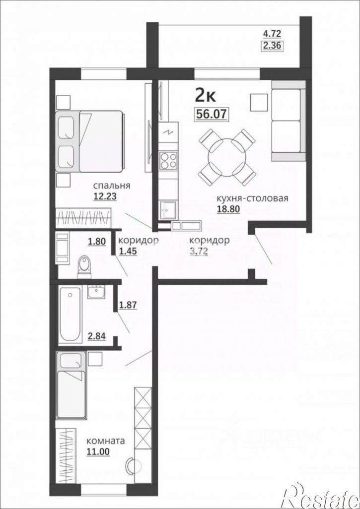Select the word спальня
(112, 186)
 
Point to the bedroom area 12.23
(104, 195)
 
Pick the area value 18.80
(228, 209)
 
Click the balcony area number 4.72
(272, 34)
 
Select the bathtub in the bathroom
(70, 314)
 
